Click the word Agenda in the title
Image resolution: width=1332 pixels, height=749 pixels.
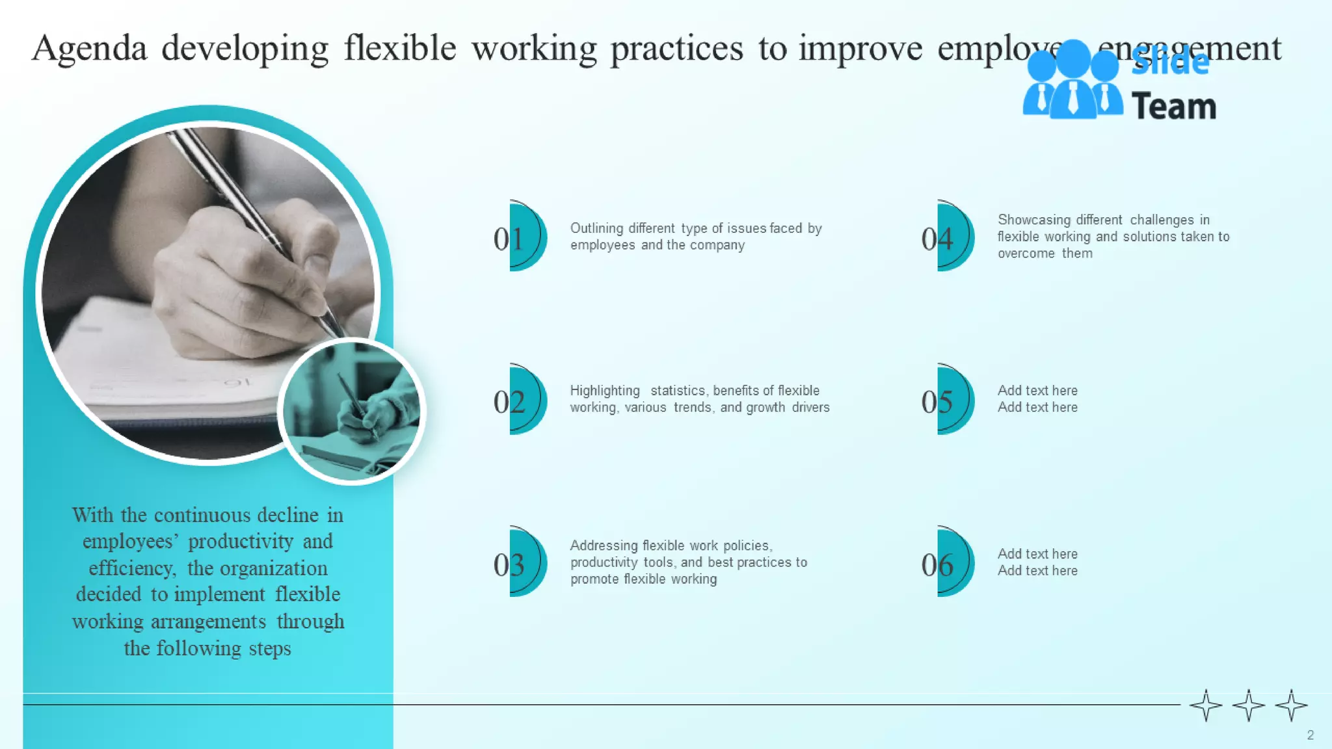90,49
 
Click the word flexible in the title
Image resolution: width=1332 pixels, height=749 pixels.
400,48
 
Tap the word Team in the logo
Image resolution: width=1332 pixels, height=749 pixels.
1173,107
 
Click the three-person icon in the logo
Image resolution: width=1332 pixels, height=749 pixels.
1072,81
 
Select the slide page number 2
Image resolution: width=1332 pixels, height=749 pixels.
1310,735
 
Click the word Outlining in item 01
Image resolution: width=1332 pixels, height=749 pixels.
596,228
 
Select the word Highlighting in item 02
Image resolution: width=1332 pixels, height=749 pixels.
605,391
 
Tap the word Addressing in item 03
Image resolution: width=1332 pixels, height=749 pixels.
604,545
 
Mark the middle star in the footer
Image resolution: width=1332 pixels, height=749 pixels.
1248,705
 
